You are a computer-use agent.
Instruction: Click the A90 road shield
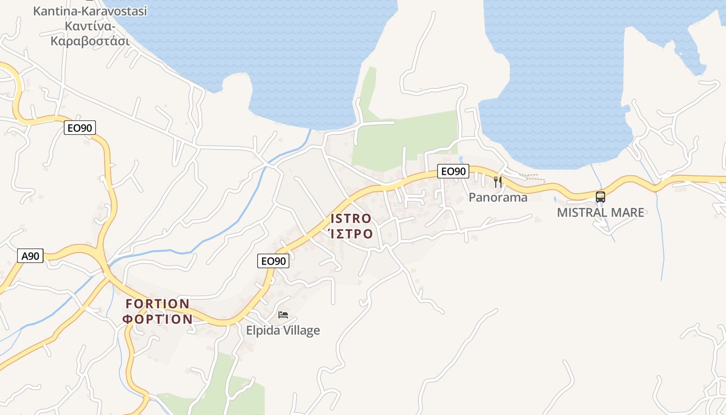point(30,256)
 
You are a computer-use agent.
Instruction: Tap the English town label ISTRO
point(351,218)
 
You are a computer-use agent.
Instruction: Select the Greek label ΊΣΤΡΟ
point(351,234)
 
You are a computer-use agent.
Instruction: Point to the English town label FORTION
point(158,303)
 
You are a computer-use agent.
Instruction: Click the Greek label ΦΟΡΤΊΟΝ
point(158,319)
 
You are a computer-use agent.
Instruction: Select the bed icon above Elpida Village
point(283,314)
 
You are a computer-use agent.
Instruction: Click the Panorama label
point(498,197)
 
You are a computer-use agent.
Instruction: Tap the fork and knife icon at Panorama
point(498,182)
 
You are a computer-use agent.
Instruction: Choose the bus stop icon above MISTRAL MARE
point(601,197)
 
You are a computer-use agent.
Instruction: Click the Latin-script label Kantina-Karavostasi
point(90,10)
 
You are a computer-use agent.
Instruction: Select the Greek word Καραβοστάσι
point(90,41)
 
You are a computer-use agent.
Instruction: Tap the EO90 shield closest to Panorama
point(453,171)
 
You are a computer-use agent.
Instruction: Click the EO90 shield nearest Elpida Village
point(273,261)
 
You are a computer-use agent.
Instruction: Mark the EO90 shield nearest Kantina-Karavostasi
point(80,128)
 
